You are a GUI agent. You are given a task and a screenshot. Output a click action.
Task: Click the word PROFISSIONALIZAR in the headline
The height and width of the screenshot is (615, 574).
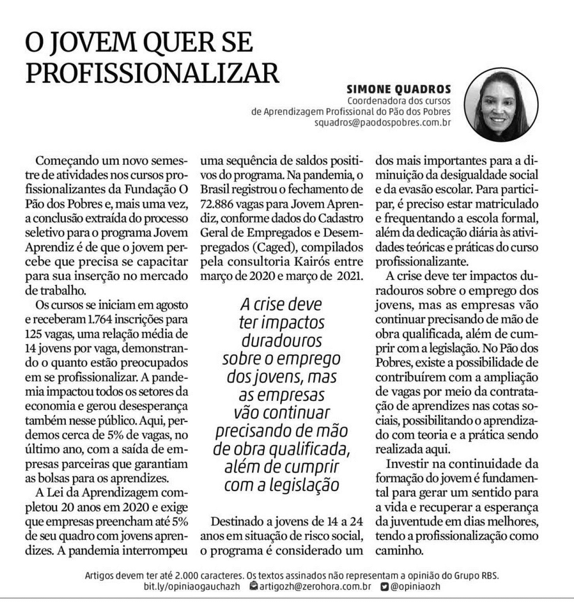click(152, 72)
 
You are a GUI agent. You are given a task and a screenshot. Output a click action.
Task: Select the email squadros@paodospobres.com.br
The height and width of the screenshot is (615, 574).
click(383, 122)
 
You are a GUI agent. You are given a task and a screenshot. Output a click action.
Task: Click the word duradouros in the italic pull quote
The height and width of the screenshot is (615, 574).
click(282, 341)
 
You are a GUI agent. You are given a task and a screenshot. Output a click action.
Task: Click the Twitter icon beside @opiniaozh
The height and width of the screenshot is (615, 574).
click(384, 586)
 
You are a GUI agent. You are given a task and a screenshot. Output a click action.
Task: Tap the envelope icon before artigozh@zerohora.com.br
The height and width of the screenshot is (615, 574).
click(254, 586)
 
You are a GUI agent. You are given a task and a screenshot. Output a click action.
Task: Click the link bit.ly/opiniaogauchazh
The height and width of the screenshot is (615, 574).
click(192, 586)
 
